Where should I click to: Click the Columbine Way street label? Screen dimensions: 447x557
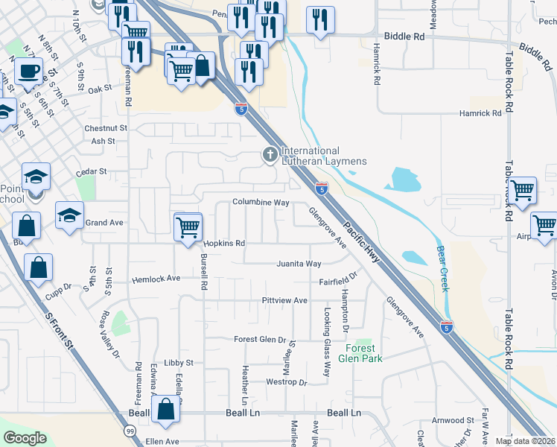point(260,202)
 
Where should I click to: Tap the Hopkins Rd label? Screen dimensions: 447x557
point(224,244)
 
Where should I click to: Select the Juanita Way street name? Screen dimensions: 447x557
point(299,264)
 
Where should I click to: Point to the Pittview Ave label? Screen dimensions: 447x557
point(284,300)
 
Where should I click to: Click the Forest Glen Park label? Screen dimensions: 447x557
point(364,353)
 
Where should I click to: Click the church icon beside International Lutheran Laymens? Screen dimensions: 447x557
point(269,155)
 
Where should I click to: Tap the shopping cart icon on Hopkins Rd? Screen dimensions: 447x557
point(188,226)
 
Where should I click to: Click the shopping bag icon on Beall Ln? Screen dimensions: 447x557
point(166,408)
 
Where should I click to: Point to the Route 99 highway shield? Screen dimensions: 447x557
point(130,431)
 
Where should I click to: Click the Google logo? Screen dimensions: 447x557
point(25,438)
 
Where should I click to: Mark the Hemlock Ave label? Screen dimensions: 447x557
point(156,279)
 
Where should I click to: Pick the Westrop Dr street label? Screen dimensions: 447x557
point(287,382)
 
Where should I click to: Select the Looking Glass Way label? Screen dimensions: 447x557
point(325,341)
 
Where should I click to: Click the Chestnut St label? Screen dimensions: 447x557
point(106,128)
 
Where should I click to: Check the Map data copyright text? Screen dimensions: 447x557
point(525,441)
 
